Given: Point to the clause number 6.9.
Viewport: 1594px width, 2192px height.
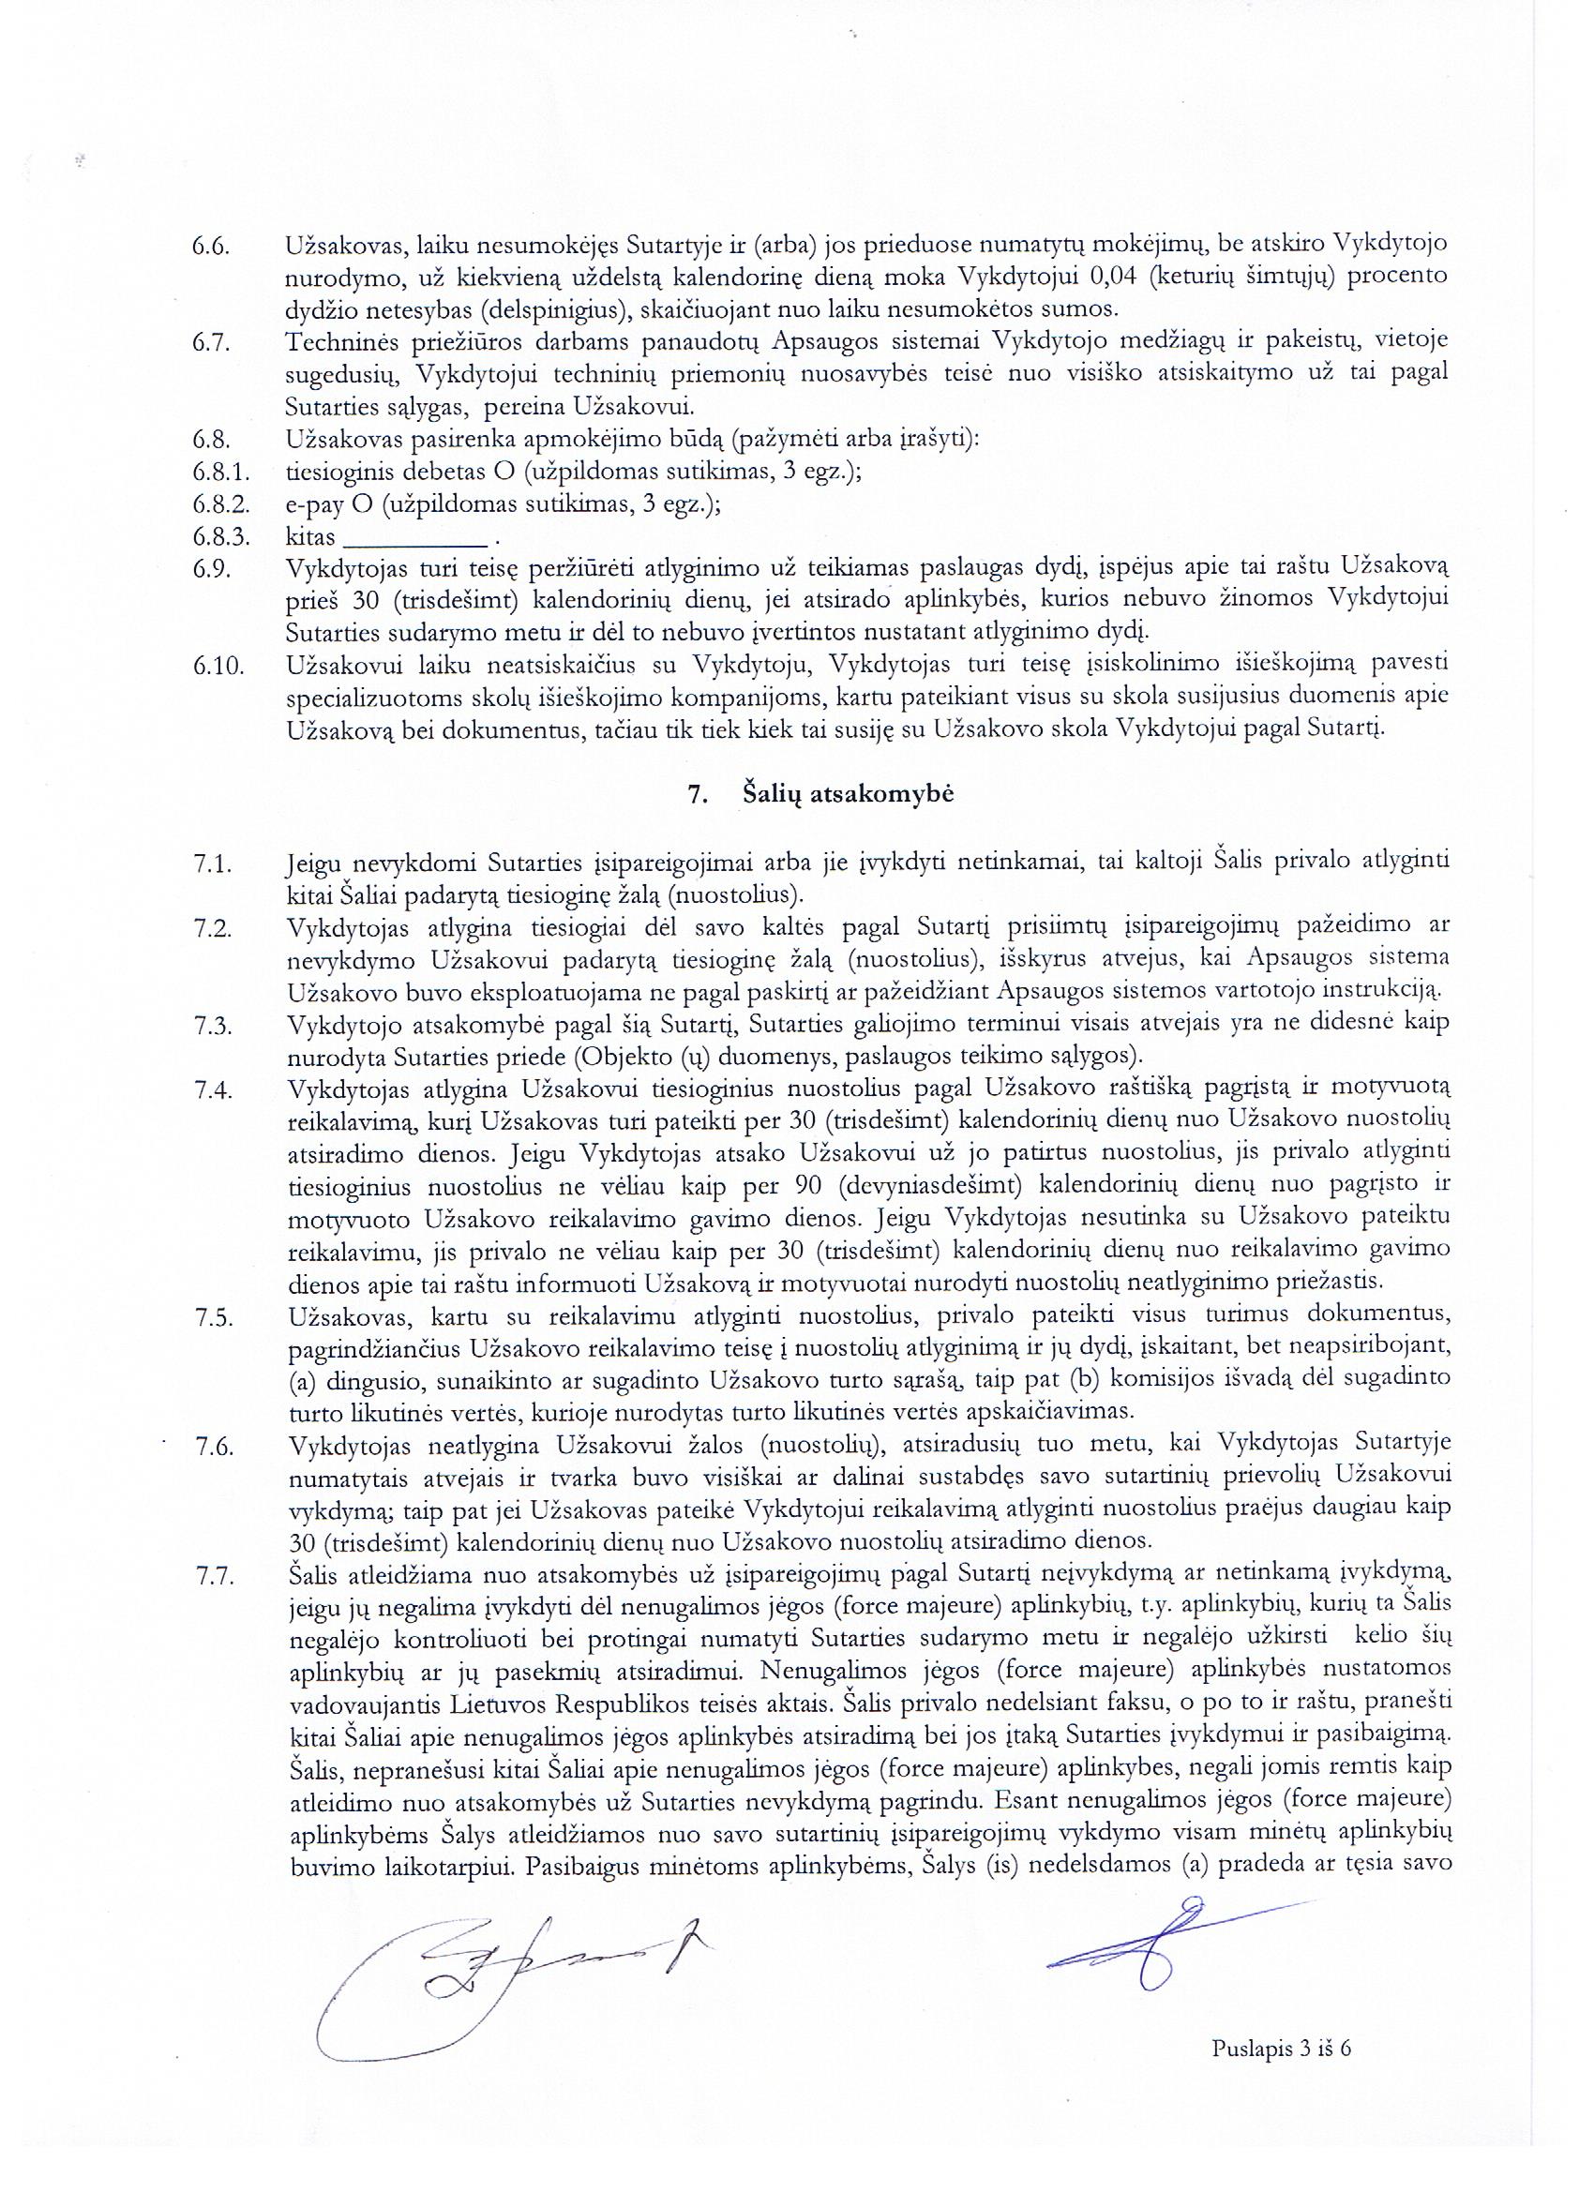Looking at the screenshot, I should [210, 568].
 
